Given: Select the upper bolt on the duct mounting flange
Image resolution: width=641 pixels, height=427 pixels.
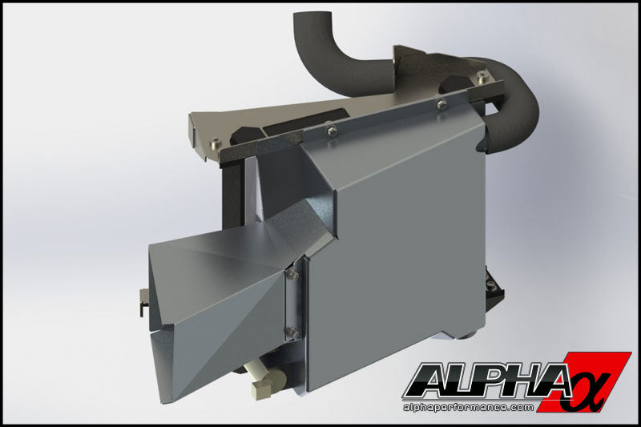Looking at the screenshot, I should tap(292, 276).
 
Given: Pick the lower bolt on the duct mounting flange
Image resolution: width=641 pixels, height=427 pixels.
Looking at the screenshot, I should tap(292, 331).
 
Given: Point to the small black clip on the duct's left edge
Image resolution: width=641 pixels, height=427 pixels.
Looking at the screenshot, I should tap(141, 304).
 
